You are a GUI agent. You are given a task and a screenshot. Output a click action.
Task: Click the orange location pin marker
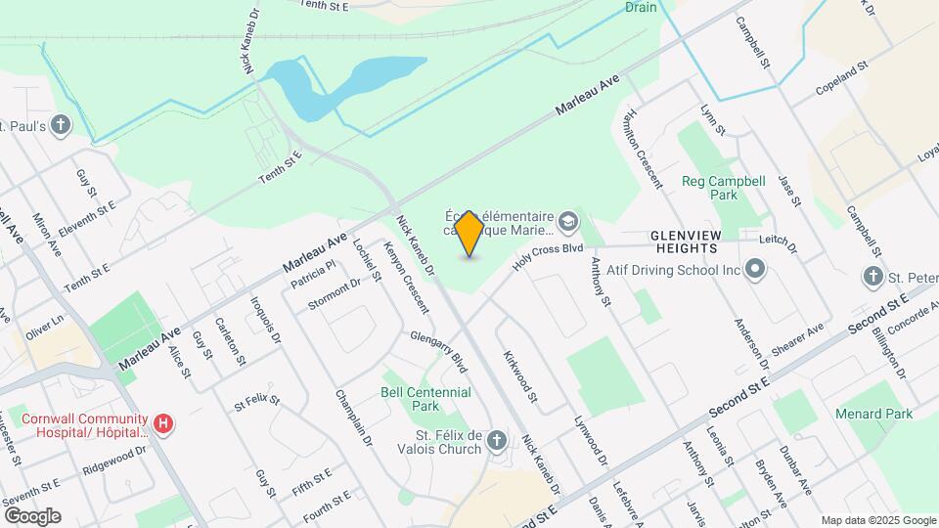click(x=469, y=233)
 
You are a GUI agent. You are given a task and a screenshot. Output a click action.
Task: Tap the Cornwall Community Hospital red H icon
click(x=164, y=424)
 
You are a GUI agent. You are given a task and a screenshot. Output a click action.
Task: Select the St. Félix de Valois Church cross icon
click(x=497, y=441)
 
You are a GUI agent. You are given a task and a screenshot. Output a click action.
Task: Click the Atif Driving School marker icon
click(x=754, y=268)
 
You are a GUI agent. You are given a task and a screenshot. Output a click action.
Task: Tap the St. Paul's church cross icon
click(x=62, y=125)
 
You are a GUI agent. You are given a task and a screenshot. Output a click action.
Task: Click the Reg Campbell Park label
click(x=723, y=189)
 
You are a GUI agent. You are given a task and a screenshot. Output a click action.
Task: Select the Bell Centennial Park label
click(x=425, y=398)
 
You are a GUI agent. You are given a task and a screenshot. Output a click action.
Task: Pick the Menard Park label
click(x=873, y=414)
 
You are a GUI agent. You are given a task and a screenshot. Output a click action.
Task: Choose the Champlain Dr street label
click(x=354, y=418)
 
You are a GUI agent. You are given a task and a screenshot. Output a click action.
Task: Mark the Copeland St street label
click(x=842, y=82)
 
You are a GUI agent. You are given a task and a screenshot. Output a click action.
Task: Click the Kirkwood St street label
click(x=519, y=376)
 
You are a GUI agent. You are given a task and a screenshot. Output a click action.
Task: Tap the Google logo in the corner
click(x=32, y=516)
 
